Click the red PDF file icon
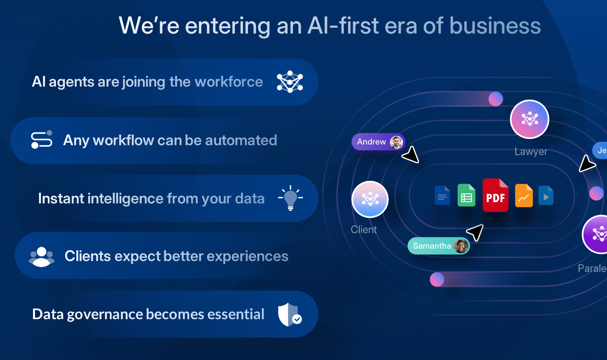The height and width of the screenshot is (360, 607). [x=495, y=195]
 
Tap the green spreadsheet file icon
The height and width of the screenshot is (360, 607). [x=466, y=195]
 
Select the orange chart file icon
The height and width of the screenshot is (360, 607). [x=524, y=196]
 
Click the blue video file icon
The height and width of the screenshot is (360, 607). [x=546, y=196]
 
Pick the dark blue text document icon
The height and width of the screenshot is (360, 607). [x=442, y=196]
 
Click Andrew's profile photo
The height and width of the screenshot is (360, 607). [x=396, y=142]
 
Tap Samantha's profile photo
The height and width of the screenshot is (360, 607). [x=461, y=246]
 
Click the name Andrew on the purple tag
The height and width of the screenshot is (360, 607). [x=371, y=142]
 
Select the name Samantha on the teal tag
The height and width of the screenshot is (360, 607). [x=432, y=246]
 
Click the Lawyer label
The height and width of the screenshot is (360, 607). [x=531, y=152]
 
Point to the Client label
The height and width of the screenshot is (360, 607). [x=364, y=230]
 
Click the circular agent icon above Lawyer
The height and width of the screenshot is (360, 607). [x=530, y=119]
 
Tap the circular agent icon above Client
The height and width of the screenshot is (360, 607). [x=370, y=199]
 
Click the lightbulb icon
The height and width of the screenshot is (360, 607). [x=291, y=198]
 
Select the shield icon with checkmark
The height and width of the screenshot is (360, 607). [x=290, y=315]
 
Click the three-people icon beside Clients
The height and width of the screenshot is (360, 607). [x=42, y=257]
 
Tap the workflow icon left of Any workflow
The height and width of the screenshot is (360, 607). [x=42, y=140]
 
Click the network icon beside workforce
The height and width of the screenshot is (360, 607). [x=290, y=82]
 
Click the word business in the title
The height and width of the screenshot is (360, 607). [x=495, y=26]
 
